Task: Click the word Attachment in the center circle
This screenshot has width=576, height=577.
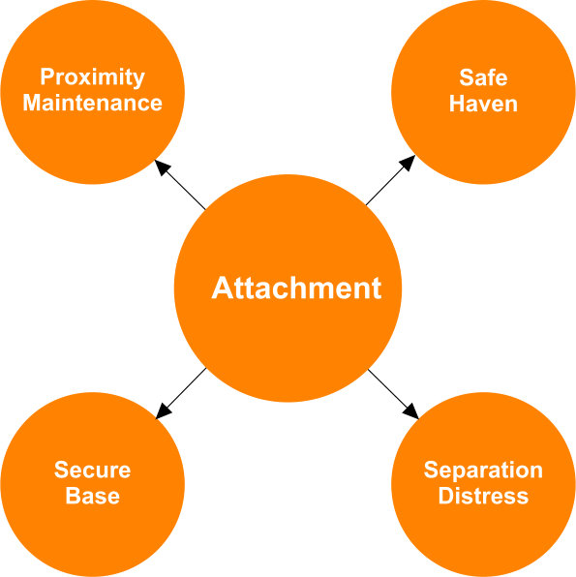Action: (296, 288)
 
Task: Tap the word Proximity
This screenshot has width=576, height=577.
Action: (92, 77)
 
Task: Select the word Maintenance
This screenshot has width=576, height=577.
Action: (92, 103)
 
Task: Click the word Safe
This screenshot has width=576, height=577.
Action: (483, 77)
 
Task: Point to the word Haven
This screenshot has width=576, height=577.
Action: (483, 104)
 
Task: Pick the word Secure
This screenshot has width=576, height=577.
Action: (92, 470)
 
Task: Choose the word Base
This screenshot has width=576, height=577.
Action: (92, 496)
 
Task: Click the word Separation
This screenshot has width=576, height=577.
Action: (483, 471)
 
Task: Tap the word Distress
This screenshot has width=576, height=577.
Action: (483, 496)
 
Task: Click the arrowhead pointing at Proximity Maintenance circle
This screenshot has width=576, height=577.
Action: (161, 167)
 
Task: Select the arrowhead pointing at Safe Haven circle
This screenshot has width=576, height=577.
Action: (409, 163)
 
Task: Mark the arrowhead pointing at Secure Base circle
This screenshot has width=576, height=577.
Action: (163, 412)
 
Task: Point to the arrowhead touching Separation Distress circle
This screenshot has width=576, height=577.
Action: (411, 412)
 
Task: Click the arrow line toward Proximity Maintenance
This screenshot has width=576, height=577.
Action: (180, 185)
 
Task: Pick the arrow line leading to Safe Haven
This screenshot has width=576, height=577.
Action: (390, 180)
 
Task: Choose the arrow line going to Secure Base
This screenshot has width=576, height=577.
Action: (181, 393)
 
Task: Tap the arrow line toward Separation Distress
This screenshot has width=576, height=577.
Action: (393, 394)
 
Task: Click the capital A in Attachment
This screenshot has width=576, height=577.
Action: (223, 288)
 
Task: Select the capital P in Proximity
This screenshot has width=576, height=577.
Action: (46, 76)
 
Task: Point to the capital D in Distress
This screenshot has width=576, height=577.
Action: (445, 496)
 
